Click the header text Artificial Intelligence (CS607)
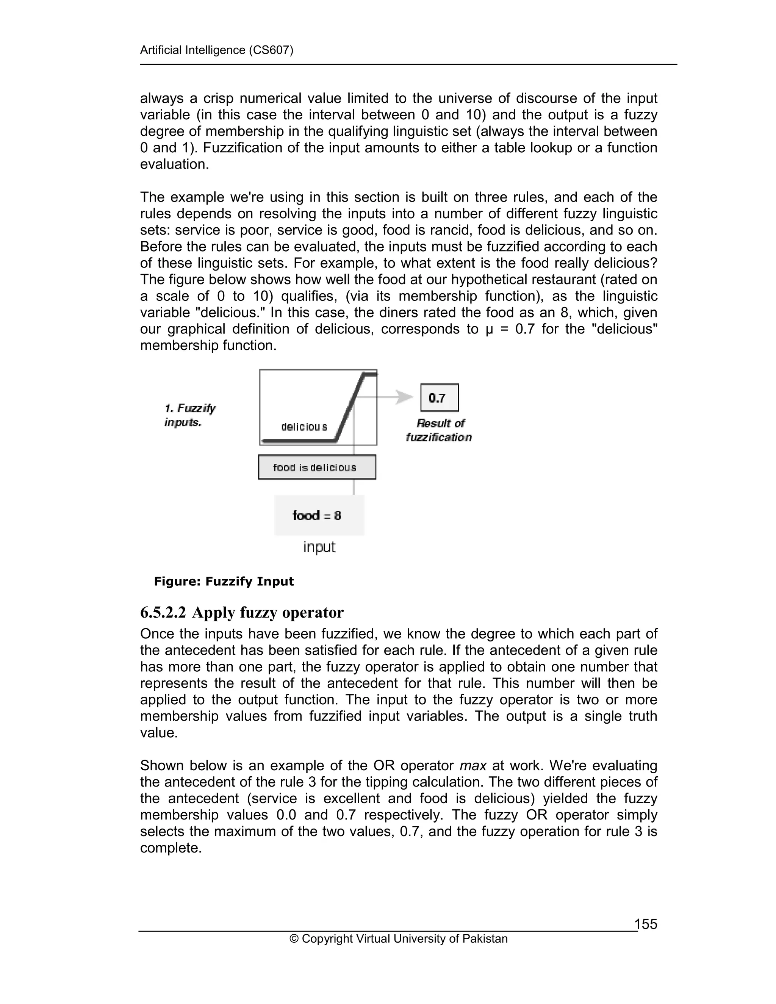tap(216, 50)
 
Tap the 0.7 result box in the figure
tap(439, 398)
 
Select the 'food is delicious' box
tap(317, 468)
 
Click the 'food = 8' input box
tap(319, 515)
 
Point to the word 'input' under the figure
tap(319, 547)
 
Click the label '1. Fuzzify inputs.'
tap(189, 415)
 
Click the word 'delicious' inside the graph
tap(304, 427)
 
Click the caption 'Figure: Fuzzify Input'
tap(224, 582)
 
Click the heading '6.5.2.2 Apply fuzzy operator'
tap(242, 613)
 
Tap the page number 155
tap(646, 924)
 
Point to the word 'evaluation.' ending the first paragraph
tap(174, 164)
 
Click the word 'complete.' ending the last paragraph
tap(171, 848)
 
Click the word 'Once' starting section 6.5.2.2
tap(157, 634)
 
